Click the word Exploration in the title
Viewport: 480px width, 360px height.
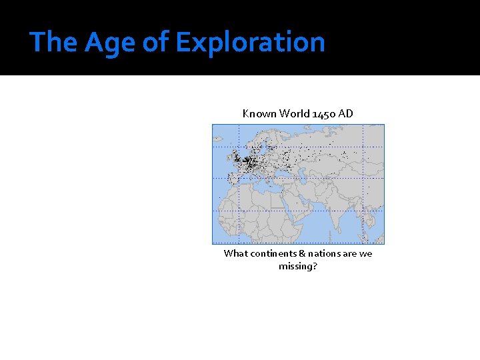point(250,41)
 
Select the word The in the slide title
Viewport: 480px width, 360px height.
point(54,41)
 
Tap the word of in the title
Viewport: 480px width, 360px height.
point(155,41)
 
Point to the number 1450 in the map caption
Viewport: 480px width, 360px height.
point(324,113)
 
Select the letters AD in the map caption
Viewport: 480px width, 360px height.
point(345,113)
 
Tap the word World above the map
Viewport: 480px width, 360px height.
point(294,113)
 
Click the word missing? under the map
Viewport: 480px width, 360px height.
point(298,266)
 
